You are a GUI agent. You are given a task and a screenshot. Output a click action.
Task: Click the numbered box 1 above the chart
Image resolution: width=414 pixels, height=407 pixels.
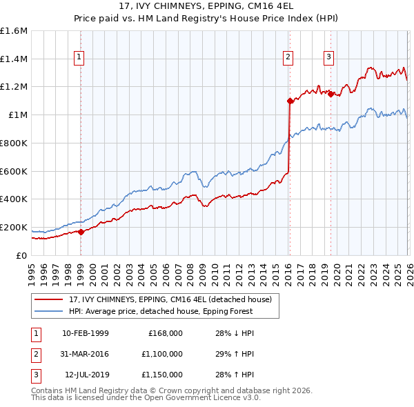pyautogui.click(x=81, y=57)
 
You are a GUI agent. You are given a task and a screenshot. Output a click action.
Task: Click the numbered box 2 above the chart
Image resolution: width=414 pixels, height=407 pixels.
pyautogui.click(x=288, y=57)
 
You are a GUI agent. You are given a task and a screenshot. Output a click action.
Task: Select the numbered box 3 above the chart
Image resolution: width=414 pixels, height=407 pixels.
pyautogui.click(x=329, y=57)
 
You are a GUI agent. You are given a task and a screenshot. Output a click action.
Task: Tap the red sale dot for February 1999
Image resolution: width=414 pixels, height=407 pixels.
pyautogui.click(x=81, y=232)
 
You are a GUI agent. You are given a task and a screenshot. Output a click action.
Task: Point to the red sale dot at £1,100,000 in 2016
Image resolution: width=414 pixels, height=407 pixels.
pyautogui.click(x=290, y=101)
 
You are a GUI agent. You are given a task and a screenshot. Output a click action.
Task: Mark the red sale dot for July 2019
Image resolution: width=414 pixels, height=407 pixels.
pyautogui.click(x=331, y=94)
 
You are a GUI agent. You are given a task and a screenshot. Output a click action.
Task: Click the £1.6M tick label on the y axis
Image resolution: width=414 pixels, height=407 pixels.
pyautogui.click(x=14, y=31)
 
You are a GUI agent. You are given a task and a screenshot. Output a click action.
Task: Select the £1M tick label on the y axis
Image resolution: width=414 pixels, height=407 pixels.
pyautogui.click(x=17, y=115)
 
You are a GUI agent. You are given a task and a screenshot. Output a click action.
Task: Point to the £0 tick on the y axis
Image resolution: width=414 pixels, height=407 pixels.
pyautogui.click(x=23, y=255)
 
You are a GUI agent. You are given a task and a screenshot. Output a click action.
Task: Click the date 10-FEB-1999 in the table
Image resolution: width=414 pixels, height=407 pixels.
pyautogui.click(x=85, y=332)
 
